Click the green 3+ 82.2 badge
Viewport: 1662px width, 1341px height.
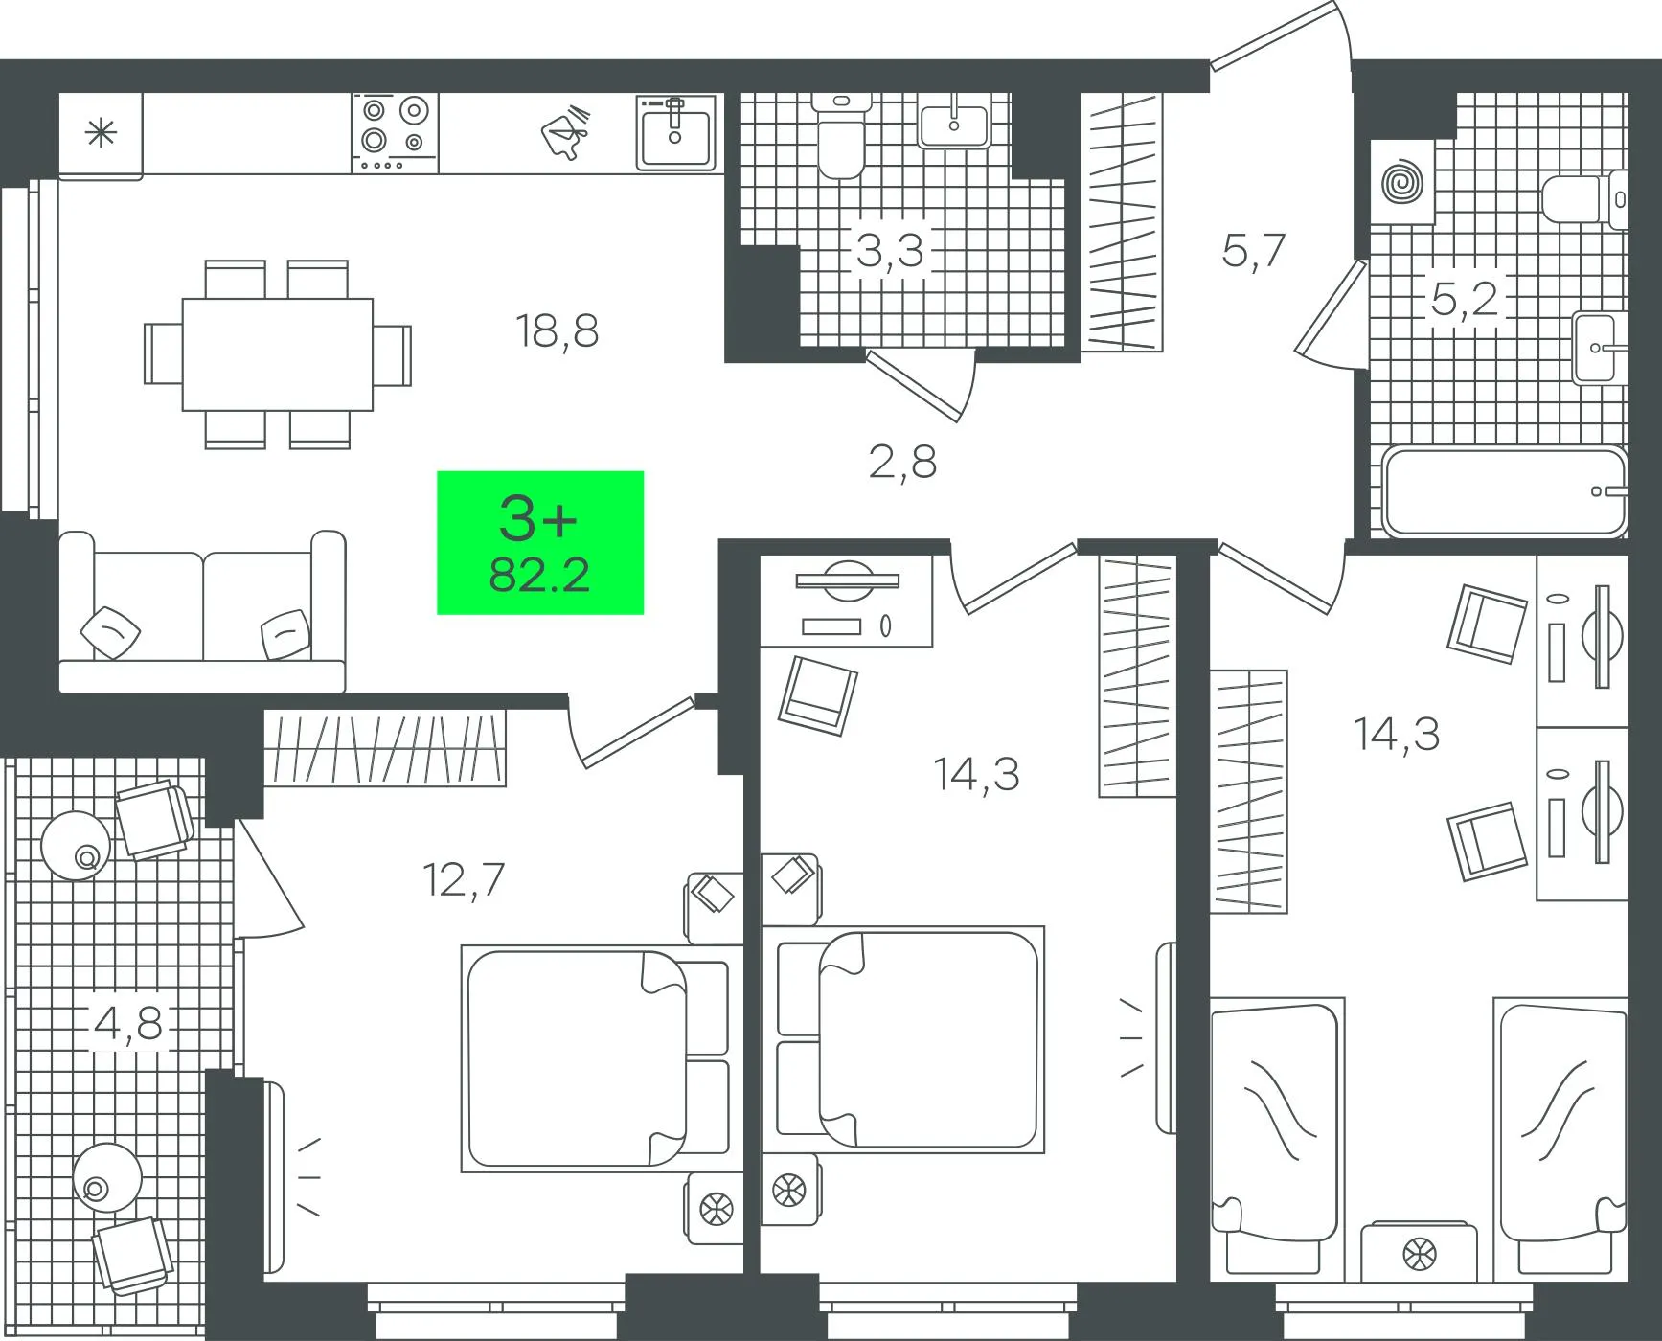540,542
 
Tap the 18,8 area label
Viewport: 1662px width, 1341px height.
557,331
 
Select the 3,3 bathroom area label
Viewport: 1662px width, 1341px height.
890,251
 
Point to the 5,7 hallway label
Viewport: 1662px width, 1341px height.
1253,251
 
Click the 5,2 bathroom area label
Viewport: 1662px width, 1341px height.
1464,299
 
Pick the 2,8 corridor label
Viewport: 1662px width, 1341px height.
902,462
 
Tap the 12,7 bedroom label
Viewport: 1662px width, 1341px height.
464,879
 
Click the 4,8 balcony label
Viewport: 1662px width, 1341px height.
128,1023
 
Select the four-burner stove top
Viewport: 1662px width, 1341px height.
395,133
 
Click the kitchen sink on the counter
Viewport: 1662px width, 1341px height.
676,132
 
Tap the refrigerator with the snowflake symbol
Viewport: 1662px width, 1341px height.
101,134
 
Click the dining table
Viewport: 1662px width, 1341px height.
278,354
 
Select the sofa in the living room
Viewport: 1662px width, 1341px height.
202,611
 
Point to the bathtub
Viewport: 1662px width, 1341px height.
1505,492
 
